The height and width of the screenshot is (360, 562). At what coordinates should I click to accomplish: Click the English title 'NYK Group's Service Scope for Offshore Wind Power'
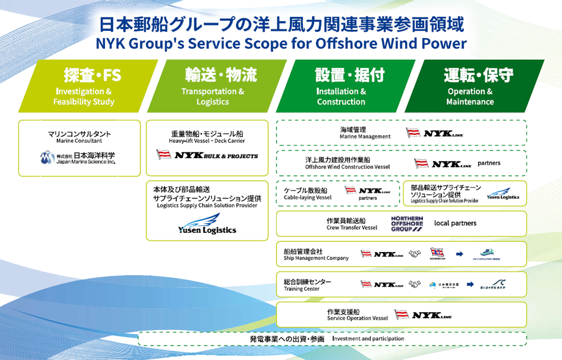[x=281, y=43]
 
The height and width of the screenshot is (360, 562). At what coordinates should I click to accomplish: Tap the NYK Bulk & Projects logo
[x=207, y=155]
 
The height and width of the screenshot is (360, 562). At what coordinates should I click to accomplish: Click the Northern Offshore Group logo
[x=407, y=223]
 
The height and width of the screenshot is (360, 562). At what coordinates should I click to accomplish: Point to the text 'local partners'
[x=455, y=223]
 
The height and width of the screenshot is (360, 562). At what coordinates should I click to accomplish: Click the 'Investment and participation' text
[x=368, y=339]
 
